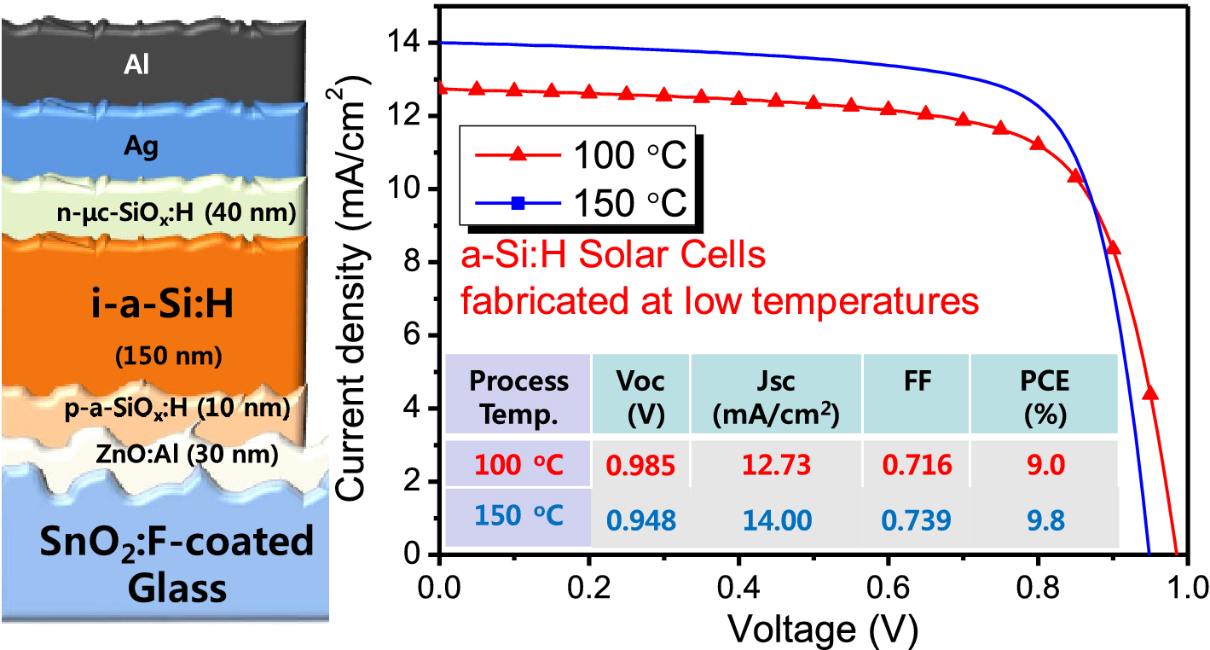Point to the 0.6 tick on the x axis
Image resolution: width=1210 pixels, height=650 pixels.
(888, 588)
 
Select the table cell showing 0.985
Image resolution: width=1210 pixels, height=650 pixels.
(640, 465)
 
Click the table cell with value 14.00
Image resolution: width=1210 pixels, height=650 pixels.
(776, 518)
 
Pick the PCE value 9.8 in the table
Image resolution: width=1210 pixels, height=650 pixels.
(1045, 518)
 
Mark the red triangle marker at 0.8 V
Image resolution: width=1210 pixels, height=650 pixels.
(1038, 142)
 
